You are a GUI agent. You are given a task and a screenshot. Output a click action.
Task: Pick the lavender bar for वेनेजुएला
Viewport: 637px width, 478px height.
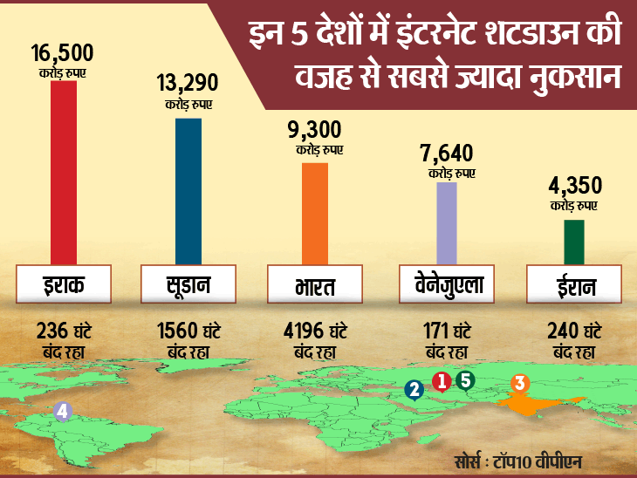(446, 222)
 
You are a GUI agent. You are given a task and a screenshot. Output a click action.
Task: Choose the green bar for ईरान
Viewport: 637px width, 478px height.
(573, 241)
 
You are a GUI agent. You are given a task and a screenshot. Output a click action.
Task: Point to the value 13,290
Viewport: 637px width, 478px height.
(188, 85)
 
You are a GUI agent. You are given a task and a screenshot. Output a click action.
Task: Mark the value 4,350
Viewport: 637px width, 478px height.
(573, 187)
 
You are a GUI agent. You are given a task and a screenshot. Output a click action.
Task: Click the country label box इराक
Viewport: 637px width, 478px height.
(63, 284)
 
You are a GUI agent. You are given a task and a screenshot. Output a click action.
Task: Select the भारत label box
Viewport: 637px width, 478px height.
(316, 286)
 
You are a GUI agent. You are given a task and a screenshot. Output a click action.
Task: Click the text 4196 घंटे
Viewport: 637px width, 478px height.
(316, 332)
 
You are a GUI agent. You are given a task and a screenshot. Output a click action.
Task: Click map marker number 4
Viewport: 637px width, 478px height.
(62, 411)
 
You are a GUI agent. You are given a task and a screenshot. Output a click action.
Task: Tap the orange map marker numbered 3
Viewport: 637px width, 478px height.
(519, 382)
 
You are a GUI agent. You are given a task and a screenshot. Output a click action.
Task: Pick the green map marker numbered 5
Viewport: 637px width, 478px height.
(464, 379)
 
